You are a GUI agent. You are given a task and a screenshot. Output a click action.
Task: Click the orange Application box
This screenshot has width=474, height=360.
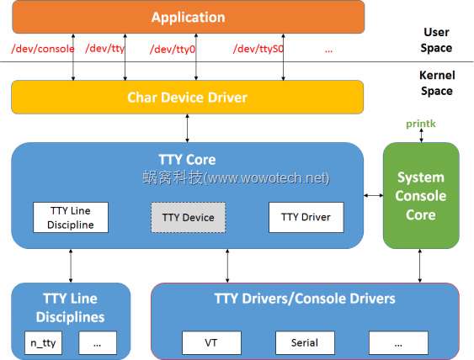pyautogui.click(x=187, y=17)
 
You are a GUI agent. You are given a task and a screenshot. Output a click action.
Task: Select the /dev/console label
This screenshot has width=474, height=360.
pyautogui.click(x=43, y=49)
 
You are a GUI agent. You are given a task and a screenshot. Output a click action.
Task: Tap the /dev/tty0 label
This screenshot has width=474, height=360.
pyautogui.click(x=173, y=49)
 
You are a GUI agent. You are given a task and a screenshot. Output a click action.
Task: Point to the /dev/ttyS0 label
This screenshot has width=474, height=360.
pyautogui.click(x=258, y=49)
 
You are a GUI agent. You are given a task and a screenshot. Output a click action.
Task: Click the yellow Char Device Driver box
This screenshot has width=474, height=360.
pyautogui.click(x=187, y=97)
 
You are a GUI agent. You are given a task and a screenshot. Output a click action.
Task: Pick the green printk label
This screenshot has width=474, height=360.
pyautogui.click(x=421, y=124)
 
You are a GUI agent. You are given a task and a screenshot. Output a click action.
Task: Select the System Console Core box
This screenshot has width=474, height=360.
pyautogui.click(x=421, y=195)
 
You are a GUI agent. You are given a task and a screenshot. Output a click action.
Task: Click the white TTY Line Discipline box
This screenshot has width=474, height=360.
pyautogui.click(x=72, y=217)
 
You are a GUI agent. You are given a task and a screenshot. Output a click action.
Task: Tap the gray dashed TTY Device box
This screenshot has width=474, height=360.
pyautogui.click(x=189, y=217)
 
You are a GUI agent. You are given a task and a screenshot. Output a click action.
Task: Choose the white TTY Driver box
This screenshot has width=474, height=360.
pyautogui.click(x=306, y=217)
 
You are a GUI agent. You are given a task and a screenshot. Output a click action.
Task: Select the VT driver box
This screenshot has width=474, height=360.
pyautogui.click(x=211, y=343)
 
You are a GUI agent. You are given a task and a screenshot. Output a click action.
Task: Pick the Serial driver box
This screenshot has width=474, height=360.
pyautogui.click(x=305, y=343)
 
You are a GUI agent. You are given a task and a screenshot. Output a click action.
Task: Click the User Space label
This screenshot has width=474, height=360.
pyautogui.click(x=436, y=40)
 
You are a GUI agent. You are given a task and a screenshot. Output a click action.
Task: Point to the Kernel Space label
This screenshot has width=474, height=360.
pyautogui.click(x=436, y=82)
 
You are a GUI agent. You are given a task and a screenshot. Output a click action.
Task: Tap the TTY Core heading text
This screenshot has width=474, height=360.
pyautogui.click(x=187, y=159)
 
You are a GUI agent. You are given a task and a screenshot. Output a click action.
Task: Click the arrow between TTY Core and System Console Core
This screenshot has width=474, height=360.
pyautogui.click(x=373, y=196)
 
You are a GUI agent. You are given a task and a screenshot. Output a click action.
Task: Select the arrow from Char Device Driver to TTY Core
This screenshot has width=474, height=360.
pyautogui.click(x=187, y=128)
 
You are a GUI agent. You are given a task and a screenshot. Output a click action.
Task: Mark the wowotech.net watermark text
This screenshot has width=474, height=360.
pyautogui.click(x=236, y=178)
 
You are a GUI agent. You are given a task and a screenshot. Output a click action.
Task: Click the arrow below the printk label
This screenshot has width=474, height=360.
pyautogui.click(x=421, y=136)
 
